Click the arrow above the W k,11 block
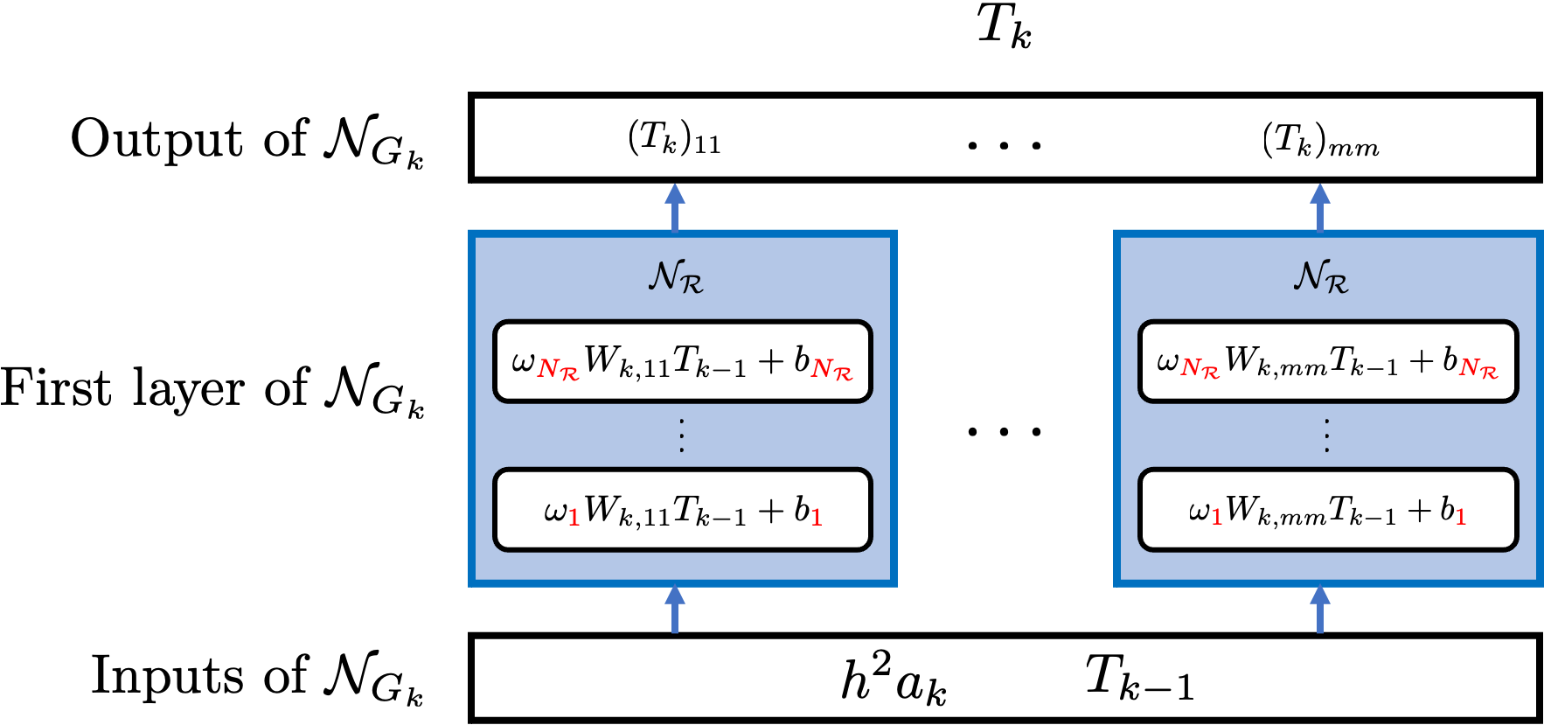[674, 207]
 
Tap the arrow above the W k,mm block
[1319, 207]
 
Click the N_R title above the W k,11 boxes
[676, 276]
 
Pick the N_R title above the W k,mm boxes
[1321, 276]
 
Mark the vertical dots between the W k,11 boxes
[681, 436]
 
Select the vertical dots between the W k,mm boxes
[1326, 436]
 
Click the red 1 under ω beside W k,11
[574, 518]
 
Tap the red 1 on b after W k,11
[817, 518]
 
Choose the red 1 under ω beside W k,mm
[1216, 518]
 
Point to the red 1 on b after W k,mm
[1460, 518]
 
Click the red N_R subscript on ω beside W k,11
[558, 370]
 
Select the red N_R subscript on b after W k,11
[831, 370]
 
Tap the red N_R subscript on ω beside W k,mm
[1200, 368]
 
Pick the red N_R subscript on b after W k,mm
[1478, 368]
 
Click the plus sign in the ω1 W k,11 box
[770, 510]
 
